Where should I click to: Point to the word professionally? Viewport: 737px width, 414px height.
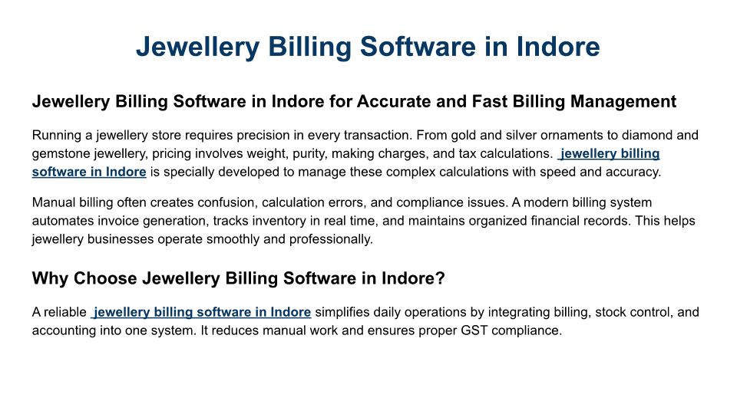point(331,239)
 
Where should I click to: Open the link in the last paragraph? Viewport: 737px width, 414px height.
point(200,312)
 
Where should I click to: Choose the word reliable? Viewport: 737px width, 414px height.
point(65,312)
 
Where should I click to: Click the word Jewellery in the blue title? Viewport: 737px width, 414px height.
point(197,47)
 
